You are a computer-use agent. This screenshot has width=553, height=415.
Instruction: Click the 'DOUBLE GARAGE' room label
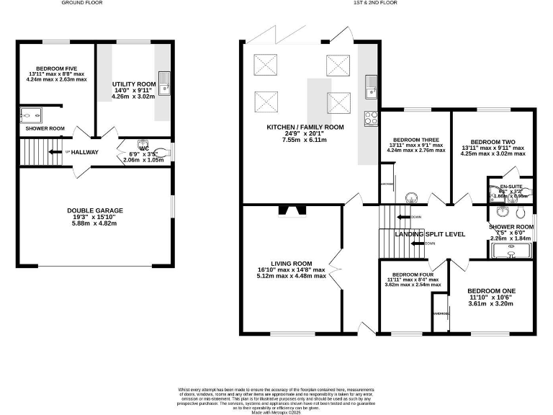[95, 210]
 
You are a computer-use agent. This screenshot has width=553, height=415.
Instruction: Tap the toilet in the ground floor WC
[143, 144]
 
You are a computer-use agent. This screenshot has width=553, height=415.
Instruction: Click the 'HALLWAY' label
[84, 152]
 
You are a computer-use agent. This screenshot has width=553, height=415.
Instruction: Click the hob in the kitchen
[372, 118]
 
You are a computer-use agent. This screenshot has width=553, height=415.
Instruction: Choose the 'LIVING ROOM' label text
[292, 263]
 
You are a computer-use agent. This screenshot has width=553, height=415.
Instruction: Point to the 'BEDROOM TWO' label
[493, 142]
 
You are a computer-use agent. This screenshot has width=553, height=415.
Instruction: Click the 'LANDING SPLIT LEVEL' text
[429, 234]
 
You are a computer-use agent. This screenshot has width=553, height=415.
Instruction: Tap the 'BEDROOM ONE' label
[490, 291]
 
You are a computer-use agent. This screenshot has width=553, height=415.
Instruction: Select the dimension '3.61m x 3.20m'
[490, 304]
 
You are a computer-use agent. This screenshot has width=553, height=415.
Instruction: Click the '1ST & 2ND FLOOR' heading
[374, 3]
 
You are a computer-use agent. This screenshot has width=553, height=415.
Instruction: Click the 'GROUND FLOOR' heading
[82, 3]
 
